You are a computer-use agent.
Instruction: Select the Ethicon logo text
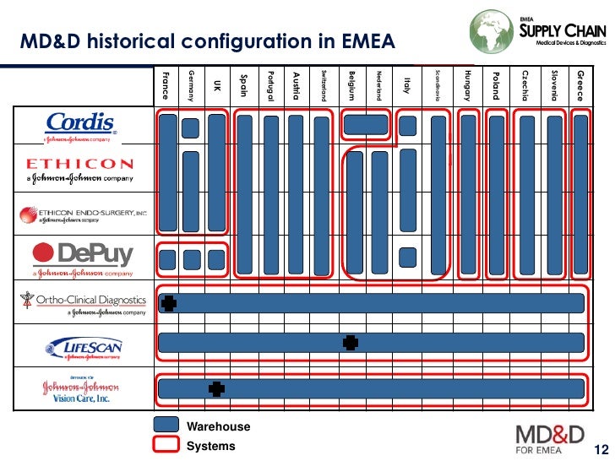(80, 165)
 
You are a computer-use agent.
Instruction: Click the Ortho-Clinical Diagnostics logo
(84, 301)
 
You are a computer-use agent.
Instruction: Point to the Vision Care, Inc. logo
(81, 391)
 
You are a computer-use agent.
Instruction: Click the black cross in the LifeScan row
(351, 342)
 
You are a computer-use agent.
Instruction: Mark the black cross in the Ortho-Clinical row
(169, 303)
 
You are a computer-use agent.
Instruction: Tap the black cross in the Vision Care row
(216, 388)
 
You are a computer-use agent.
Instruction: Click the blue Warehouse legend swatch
(167, 426)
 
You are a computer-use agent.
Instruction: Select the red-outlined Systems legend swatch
(167, 445)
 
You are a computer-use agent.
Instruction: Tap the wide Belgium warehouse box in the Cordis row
(365, 125)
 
